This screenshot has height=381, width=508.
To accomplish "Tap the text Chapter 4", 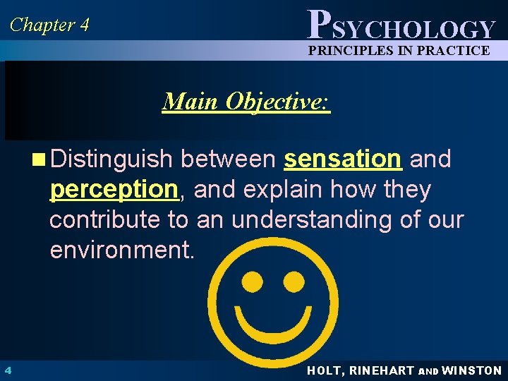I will click(49, 25).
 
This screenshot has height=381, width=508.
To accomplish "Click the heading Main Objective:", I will click(246, 102).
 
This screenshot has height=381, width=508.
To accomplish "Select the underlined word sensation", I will click(342, 160).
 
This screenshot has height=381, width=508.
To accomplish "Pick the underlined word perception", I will click(113, 190).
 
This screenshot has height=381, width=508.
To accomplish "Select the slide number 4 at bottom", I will click(6, 370).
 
